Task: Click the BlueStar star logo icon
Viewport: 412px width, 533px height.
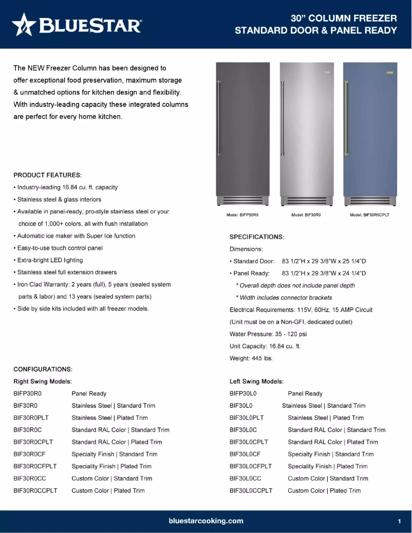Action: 24,25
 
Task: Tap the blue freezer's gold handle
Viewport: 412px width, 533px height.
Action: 346,118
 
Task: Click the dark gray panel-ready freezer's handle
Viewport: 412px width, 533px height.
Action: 219,118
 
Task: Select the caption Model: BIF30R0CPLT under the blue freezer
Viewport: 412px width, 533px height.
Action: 369,215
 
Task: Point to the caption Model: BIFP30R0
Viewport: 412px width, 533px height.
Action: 242,215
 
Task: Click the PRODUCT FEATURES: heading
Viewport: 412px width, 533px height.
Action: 48,175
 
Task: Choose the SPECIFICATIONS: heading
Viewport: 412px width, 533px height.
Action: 257,237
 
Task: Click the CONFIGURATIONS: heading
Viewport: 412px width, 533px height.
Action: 43,369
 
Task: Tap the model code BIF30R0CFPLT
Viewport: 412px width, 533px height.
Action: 35,466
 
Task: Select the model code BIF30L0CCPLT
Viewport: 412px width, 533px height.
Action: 251,490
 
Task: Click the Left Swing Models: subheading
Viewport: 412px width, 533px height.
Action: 256,381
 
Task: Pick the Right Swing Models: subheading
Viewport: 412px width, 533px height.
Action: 42,381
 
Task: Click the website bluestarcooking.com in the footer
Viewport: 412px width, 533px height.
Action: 206,521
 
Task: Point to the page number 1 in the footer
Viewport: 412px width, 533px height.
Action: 399,521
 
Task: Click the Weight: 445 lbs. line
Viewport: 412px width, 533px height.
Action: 251,358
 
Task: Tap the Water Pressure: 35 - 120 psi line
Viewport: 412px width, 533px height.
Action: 268,334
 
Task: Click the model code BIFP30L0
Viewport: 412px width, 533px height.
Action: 243,393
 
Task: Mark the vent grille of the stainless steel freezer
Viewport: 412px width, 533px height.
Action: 306,200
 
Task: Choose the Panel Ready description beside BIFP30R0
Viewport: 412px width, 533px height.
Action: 89,393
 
